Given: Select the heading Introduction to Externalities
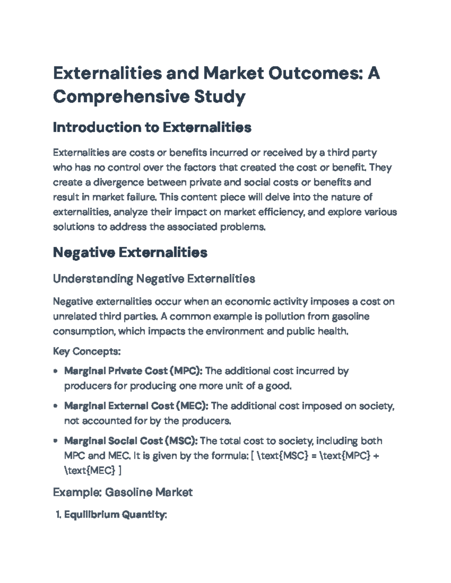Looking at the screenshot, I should click(152, 128).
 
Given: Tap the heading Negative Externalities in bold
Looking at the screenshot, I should click(130, 252).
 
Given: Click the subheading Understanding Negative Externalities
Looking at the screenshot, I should click(154, 279).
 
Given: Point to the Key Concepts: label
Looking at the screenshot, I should click(87, 351).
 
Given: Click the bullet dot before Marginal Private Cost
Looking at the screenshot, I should click(56, 371).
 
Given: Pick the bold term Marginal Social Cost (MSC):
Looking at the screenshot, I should click(131, 441).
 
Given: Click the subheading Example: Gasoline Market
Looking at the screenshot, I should click(123, 492).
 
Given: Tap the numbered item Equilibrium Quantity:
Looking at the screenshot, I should click(115, 515).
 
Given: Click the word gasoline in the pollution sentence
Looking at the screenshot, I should click(350, 316).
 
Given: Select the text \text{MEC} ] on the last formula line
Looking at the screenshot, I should click(93, 470).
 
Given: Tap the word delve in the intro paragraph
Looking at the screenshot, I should click(277, 197).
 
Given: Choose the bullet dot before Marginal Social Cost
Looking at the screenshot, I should click(56, 441).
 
